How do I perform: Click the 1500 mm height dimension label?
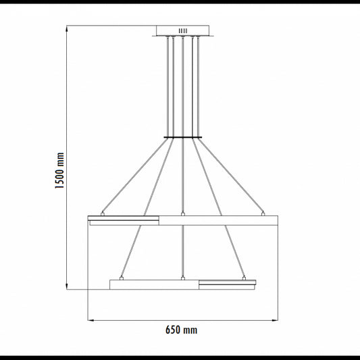point(59,170)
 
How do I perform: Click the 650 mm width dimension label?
point(182,330)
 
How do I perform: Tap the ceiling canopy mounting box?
point(183,31)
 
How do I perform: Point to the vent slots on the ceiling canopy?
point(183,31)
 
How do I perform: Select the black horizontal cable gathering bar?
point(183,138)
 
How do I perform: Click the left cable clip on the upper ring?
point(103,214)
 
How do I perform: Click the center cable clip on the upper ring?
point(183,214)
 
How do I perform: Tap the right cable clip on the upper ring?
point(263,214)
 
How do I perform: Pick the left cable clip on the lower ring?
point(122,278)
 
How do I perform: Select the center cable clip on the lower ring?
point(183,278)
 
